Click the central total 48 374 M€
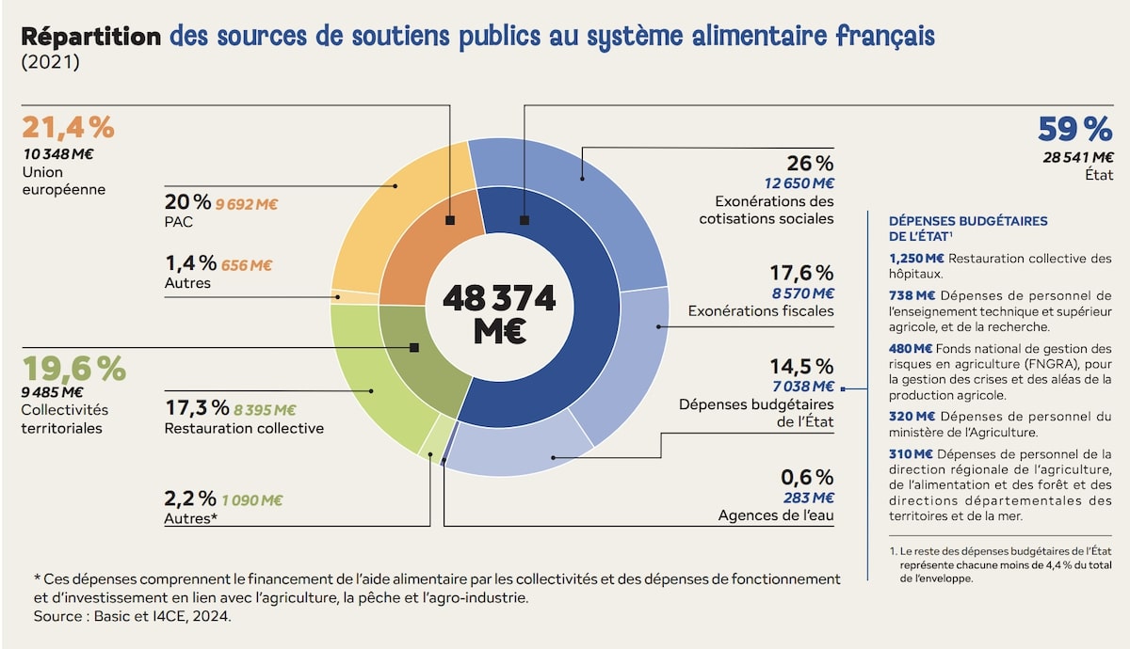[x=498, y=313]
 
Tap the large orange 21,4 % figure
[x=68, y=127]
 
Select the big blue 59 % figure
[x=1074, y=128]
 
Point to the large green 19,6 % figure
[x=73, y=369]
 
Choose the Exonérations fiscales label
[x=761, y=310]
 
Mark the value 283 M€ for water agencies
[x=809, y=497]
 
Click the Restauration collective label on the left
[x=244, y=429]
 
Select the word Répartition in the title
[x=90, y=37]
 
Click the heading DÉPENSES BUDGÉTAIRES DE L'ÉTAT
[x=967, y=228]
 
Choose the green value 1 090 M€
[x=252, y=499]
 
